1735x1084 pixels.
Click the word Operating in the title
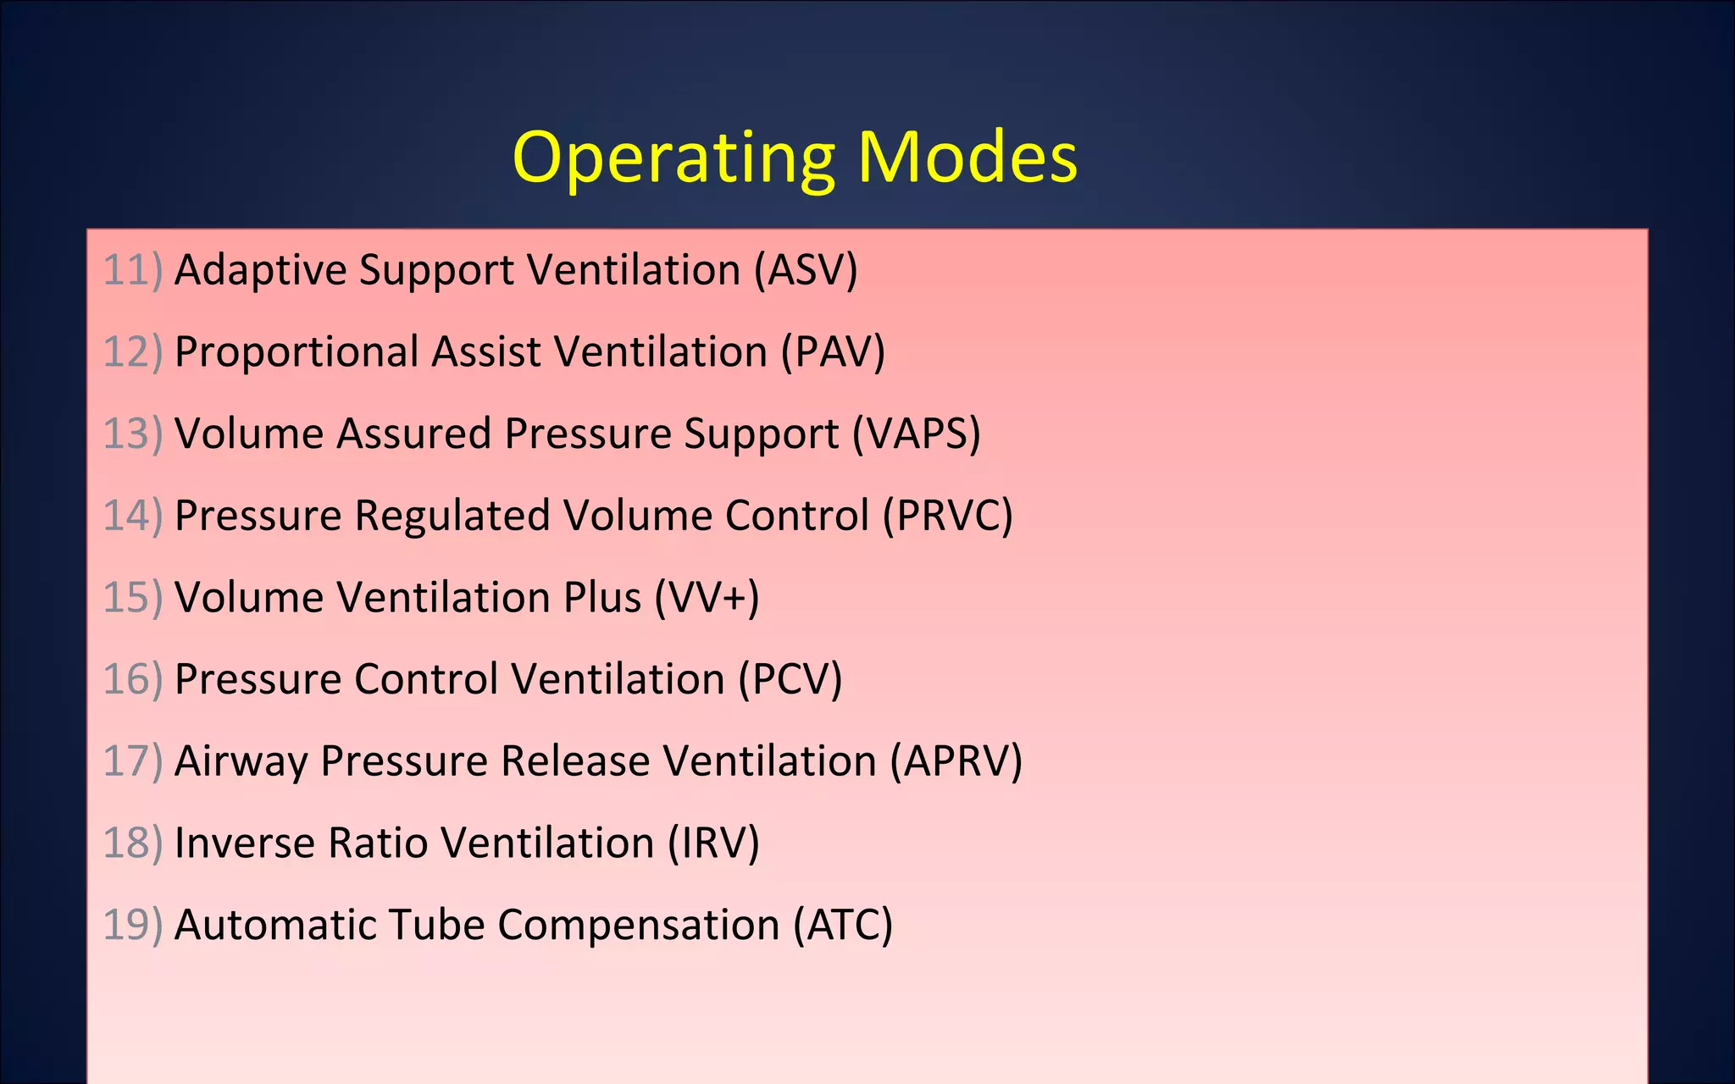(x=673, y=158)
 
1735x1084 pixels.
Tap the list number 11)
(x=132, y=270)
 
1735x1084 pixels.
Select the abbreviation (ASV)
(x=806, y=270)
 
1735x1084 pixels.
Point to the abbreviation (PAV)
(x=832, y=351)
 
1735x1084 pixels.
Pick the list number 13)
(x=132, y=434)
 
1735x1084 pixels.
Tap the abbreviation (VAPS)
(x=916, y=434)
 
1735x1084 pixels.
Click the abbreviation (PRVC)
(x=947, y=516)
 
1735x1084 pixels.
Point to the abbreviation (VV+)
(x=707, y=597)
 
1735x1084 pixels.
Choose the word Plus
(x=601, y=597)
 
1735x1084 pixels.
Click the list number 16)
(x=132, y=679)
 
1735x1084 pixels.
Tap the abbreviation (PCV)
(x=790, y=679)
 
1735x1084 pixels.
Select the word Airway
(x=241, y=761)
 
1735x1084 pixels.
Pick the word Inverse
(x=244, y=843)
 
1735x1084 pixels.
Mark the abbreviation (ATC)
(x=842, y=925)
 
